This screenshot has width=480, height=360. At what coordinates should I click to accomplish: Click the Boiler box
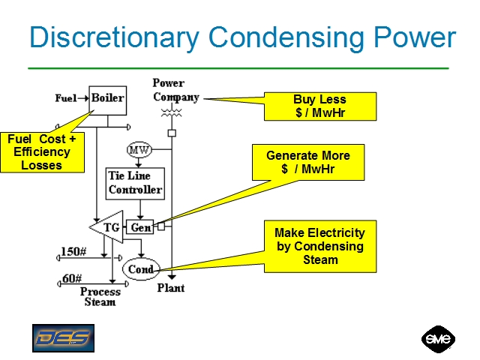(x=107, y=97)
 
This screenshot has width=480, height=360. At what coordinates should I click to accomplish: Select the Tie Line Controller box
(x=135, y=183)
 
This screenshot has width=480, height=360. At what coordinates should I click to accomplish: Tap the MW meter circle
(x=139, y=151)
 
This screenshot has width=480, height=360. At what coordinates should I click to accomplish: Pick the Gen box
(x=139, y=227)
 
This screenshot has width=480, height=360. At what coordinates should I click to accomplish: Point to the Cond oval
(x=141, y=269)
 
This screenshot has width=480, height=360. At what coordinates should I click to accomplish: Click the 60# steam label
(x=71, y=278)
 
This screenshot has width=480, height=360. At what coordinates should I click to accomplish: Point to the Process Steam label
(x=100, y=296)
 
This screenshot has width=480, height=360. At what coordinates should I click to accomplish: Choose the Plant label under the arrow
(x=171, y=287)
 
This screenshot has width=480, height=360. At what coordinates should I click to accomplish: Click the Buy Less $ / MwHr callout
(x=319, y=106)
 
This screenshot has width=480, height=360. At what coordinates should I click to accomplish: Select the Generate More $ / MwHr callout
(x=308, y=163)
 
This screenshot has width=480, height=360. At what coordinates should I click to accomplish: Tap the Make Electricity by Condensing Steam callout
(x=319, y=246)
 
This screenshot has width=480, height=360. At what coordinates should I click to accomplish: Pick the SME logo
(x=438, y=339)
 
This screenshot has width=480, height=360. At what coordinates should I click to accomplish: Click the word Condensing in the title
(x=283, y=37)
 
